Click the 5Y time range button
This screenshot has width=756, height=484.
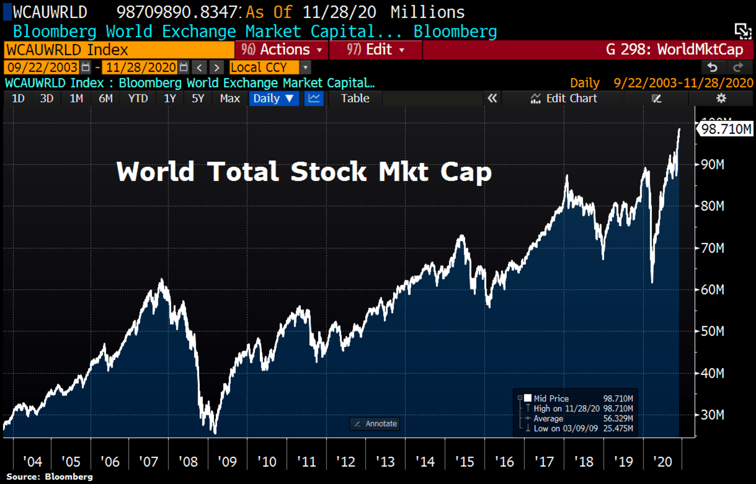[x=198, y=98]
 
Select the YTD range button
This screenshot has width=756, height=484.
[x=138, y=98]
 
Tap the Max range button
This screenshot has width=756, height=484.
[x=230, y=98]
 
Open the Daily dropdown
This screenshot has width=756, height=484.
[x=273, y=98]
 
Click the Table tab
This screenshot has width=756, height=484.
[x=355, y=98]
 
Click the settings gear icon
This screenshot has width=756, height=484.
[x=721, y=98]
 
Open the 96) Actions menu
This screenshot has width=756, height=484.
[x=281, y=50]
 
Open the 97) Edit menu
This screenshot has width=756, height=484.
[x=376, y=50]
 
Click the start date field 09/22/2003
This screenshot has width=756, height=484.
[x=43, y=68]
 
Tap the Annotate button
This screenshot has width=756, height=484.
[x=375, y=424]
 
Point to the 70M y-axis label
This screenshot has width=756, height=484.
[x=712, y=248]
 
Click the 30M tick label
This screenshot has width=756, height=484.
[x=712, y=415]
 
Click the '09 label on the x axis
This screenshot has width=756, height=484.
[x=227, y=462]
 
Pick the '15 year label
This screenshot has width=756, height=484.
[x=465, y=462]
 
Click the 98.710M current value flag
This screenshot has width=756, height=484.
[x=726, y=129]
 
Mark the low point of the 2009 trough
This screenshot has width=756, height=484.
[x=215, y=432]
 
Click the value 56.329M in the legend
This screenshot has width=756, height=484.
[x=618, y=419]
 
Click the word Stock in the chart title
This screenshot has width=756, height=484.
[x=328, y=172]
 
